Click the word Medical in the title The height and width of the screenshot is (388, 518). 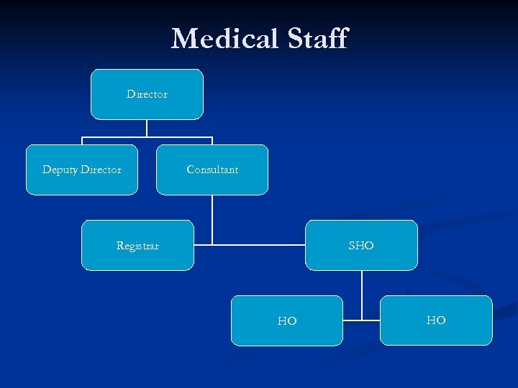coord(224,38)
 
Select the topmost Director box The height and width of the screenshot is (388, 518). coord(147,94)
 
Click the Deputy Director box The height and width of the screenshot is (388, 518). coord(81,170)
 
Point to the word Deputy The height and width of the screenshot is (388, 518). coord(60,170)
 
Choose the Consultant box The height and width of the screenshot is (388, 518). coord(212,170)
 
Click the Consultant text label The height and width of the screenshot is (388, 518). coord(212,170)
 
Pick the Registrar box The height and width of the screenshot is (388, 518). coord(137,246)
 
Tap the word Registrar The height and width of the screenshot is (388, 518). coord(137,246)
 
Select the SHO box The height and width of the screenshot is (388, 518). coord(361,246)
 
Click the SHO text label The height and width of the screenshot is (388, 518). coord(361,246)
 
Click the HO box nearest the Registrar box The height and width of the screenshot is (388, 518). coord(287,321)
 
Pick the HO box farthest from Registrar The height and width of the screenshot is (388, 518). coord(436,320)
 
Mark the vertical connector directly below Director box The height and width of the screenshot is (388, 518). coord(147,128)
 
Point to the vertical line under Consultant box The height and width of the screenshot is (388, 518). coord(212,219)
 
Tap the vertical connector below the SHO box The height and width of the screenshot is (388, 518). coord(361,295)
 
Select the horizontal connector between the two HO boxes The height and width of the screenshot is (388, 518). coord(361,320)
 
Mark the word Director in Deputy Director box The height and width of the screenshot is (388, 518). coord(101,170)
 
